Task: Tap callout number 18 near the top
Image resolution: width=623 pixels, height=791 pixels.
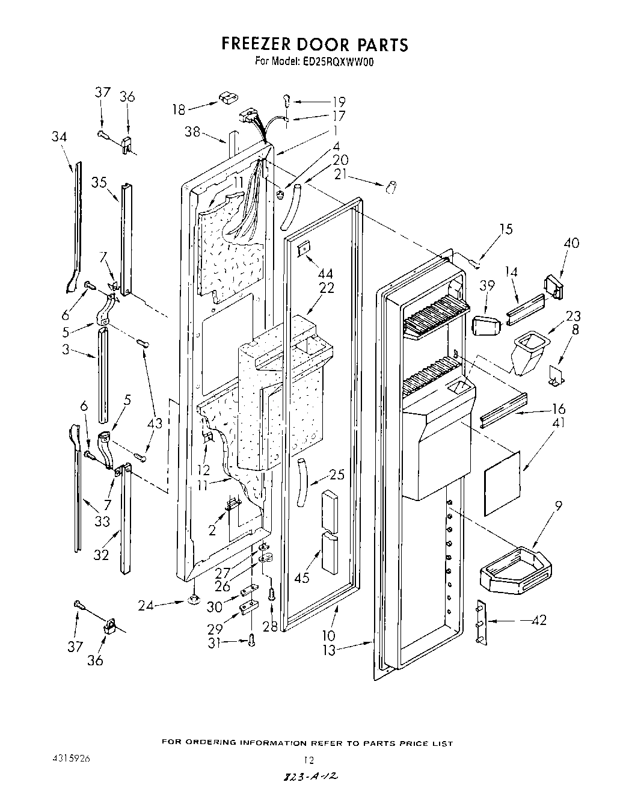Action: pos(179,109)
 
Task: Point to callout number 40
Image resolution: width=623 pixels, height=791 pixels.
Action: pos(571,243)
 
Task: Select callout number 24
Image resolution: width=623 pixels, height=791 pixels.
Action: pos(146,606)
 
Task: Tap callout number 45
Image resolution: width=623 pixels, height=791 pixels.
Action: pos(302,577)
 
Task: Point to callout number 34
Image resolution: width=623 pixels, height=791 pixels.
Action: pos(59,137)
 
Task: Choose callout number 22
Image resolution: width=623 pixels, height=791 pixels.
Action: pos(327,288)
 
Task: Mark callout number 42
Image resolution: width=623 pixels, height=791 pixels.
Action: pos(539,620)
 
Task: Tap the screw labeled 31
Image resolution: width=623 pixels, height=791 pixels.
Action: pos(252,642)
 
